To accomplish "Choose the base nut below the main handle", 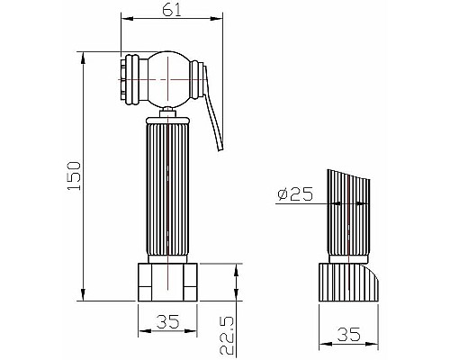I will tap(168, 282).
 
